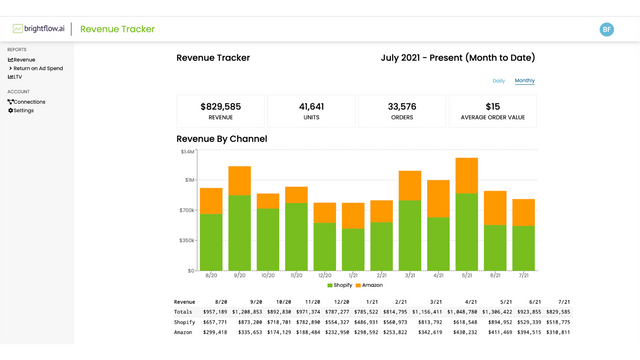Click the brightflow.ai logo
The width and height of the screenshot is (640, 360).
39,29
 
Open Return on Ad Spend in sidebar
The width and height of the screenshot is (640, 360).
39,68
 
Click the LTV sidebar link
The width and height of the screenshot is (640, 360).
16,77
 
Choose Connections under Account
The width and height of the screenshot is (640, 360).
27,102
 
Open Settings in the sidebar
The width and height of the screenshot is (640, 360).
21,110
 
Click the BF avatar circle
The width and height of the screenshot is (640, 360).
607,30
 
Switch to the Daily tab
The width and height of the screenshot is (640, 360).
499,80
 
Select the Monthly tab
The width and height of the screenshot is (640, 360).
525,80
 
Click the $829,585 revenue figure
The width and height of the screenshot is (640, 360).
221,106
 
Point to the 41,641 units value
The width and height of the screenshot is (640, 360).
311,106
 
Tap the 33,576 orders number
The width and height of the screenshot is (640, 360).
401,106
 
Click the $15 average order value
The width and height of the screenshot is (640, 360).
492,106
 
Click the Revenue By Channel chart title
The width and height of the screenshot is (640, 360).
221,138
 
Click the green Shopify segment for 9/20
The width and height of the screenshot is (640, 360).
239,232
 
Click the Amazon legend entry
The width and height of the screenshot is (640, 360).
368,285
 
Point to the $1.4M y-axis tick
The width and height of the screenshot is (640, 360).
187,152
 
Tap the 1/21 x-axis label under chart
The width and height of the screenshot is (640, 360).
353,276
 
